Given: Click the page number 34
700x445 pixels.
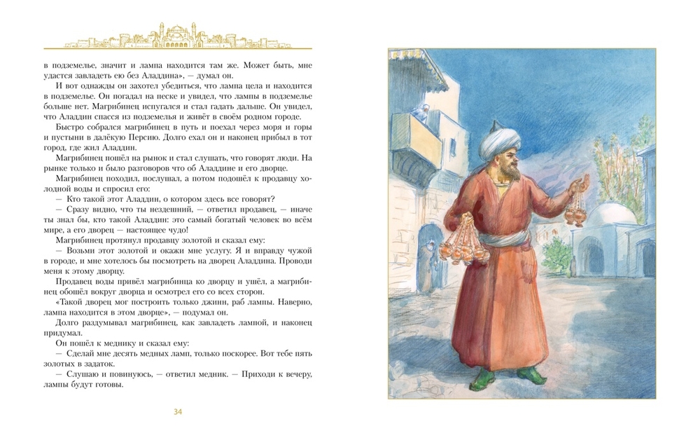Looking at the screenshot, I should point(178,411).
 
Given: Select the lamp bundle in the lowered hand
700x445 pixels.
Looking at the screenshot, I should point(464,242).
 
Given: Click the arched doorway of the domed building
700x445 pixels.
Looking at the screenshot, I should point(592,256).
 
